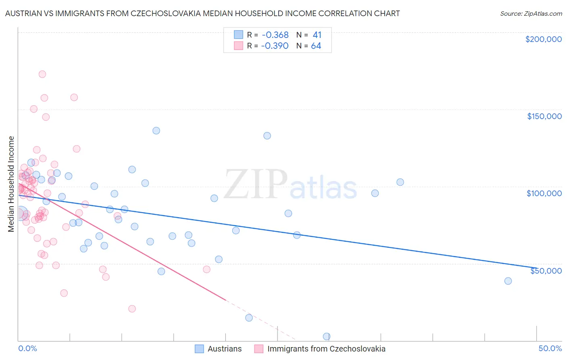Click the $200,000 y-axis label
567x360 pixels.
coord(543,39)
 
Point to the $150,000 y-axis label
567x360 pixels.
coord(544,116)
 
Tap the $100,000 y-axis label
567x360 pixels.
coord(544,193)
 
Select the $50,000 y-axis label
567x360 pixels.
coord(546,270)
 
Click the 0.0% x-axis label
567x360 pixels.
coord(27,348)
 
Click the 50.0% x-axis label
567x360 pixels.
coord(550,348)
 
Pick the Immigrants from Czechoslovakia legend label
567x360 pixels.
coord(326,349)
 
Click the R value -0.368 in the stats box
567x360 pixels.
coord(275,35)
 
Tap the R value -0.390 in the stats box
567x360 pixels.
coord(275,46)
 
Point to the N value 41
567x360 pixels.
coord(317,35)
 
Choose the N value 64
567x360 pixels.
coord(316,46)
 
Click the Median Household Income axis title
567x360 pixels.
coord(11,184)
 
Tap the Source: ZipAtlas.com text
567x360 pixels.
coord(531,13)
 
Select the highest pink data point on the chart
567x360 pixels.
coord(42,74)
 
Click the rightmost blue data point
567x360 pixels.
coord(508,281)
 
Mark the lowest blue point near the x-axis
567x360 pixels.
coord(327,336)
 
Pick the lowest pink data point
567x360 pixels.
coord(132,309)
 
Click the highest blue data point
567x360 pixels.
coord(156,131)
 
